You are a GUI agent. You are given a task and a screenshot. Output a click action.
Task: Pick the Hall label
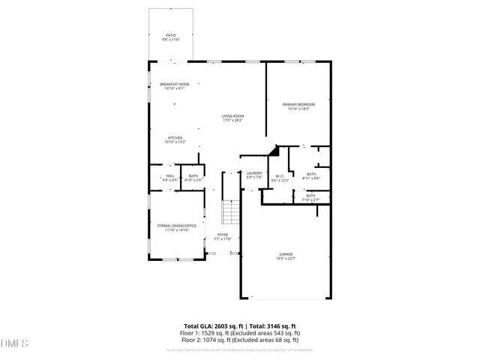click(169, 178)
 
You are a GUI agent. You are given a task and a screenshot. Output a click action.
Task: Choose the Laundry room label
click(254, 175)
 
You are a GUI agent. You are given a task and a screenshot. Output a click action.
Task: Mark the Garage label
click(286, 256)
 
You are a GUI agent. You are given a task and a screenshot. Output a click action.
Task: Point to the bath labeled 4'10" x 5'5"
click(193, 178)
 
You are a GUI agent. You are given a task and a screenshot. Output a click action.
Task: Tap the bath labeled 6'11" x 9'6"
click(311, 175)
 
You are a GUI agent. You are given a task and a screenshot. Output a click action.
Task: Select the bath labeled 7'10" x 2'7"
click(310, 197)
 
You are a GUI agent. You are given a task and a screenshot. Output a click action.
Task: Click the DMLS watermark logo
click(14, 343)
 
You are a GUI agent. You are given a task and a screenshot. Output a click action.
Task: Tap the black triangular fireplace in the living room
click(274, 151)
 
